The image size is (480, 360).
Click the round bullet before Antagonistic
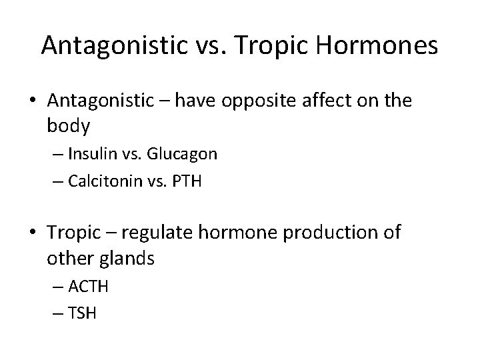point(34,101)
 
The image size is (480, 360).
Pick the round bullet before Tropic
point(34,233)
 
